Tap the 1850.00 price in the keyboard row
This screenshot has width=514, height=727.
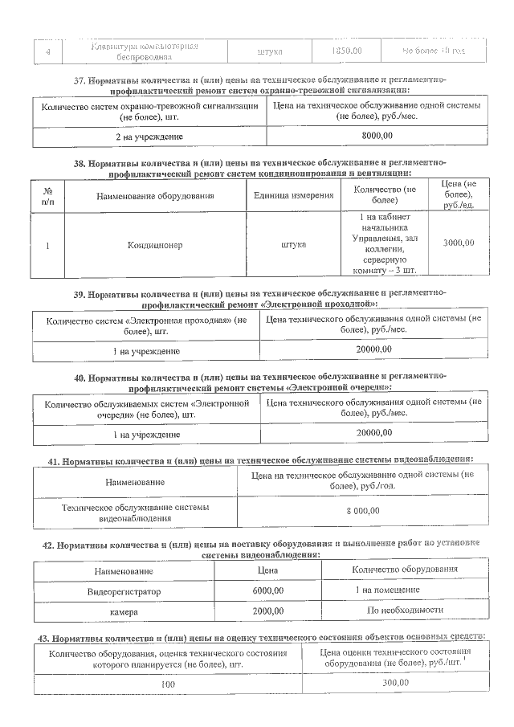(x=346, y=51)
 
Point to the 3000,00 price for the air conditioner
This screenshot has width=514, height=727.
(x=457, y=243)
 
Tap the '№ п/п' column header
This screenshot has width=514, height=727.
(x=47, y=196)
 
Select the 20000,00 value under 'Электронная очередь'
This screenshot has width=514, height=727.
(x=373, y=433)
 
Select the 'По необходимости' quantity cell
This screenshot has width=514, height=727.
(x=405, y=611)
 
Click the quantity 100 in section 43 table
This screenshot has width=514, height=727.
(x=168, y=684)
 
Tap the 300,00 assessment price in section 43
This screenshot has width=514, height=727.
(x=394, y=683)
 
